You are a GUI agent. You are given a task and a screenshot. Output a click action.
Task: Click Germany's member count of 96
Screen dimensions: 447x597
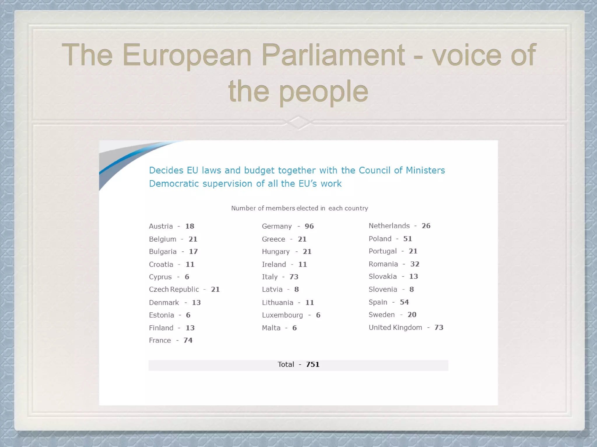point(309,226)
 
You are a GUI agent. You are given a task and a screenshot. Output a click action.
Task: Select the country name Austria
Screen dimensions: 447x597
point(161,226)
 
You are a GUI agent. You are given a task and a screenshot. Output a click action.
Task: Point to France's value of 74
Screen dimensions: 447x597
point(188,340)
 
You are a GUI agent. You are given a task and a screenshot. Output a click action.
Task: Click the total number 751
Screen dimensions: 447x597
point(313,364)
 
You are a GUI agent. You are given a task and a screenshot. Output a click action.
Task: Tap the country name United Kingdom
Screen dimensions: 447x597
point(395,327)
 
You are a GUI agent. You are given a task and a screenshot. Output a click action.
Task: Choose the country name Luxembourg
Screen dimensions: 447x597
point(282,315)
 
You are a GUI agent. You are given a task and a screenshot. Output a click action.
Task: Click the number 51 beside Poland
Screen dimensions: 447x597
point(408,239)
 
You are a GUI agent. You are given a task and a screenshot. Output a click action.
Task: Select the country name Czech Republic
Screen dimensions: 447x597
point(174,289)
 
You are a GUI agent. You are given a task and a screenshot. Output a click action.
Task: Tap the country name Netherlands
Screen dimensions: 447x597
point(389,226)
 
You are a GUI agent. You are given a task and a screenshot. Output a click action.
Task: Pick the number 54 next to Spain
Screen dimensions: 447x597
point(404,302)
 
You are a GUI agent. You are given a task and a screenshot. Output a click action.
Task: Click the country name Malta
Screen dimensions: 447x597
point(271,328)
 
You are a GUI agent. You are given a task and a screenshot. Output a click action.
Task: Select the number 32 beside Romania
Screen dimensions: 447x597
point(415,264)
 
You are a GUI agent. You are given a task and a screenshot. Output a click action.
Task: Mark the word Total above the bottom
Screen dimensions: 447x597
point(286,364)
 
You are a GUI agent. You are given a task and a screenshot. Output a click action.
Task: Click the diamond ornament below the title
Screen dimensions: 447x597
point(298,123)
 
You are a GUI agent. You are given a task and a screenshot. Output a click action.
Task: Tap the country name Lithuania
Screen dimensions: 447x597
point(278,303)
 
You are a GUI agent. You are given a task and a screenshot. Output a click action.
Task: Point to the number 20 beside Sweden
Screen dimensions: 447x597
point(412,315)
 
